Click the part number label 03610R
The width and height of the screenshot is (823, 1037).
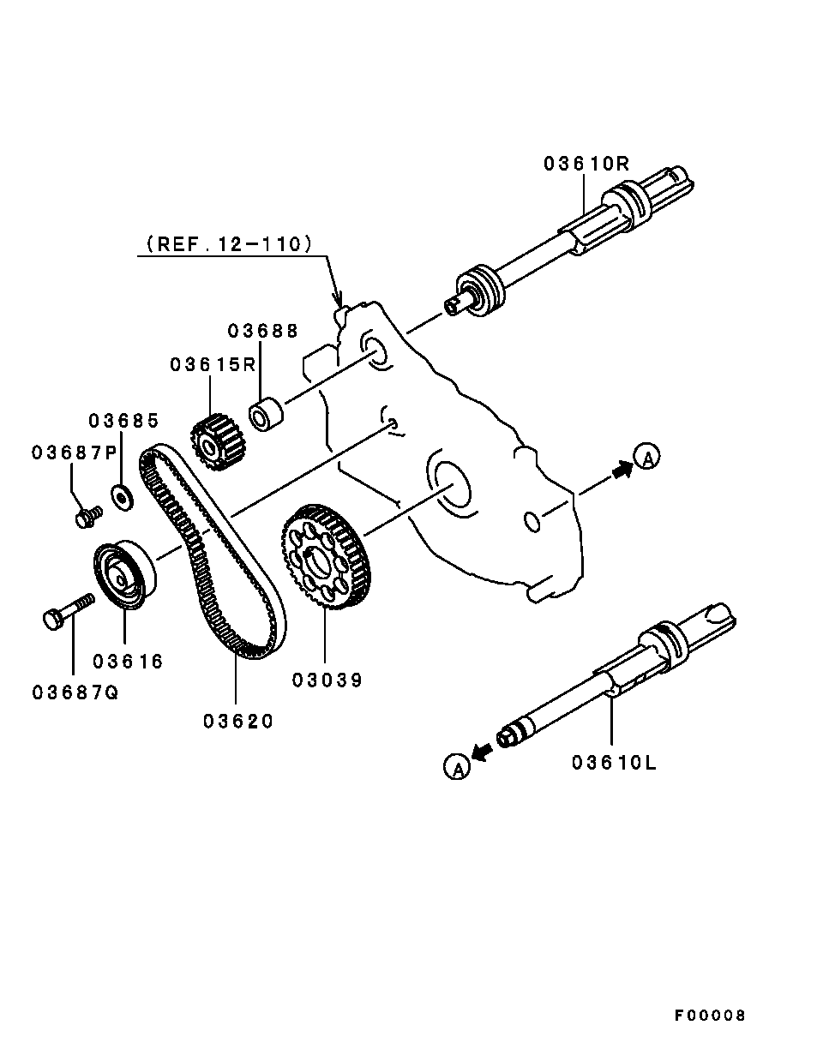(x=586, y=164)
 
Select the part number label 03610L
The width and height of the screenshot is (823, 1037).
(x=614, y=762)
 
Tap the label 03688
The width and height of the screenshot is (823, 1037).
(x=263, y=332)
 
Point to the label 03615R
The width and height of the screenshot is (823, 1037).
(x=213, y=365)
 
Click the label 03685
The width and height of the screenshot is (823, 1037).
(x=124, y=421)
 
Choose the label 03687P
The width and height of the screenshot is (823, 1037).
(x=74, y=453)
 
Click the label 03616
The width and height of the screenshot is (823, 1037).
(x=128, y=661)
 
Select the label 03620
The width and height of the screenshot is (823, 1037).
(x=238, y=722)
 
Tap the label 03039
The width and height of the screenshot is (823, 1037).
(x=327, y=680)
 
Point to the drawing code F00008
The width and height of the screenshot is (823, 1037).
(x=709, y=1016)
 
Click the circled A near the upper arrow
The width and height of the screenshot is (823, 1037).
(x=647, y=458)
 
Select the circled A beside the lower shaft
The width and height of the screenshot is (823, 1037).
(x=457, y=767)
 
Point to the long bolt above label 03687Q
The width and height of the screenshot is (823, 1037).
(x=66, y=611)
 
